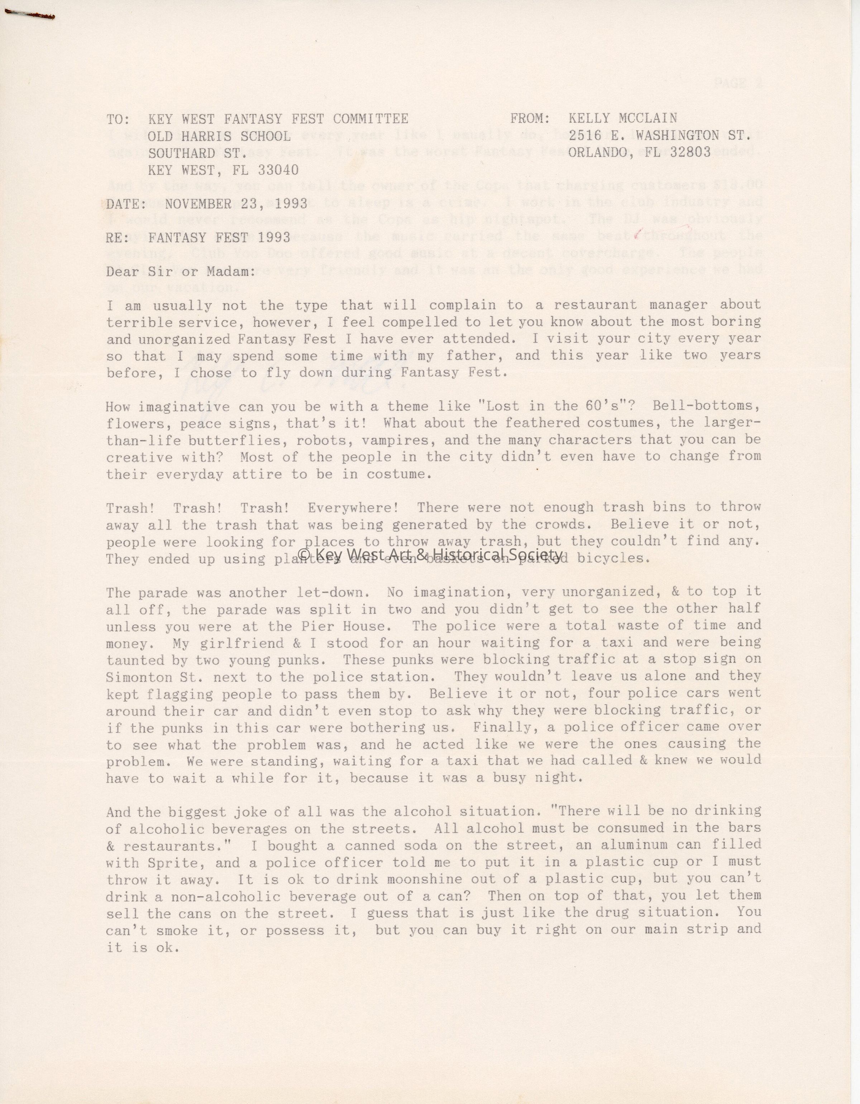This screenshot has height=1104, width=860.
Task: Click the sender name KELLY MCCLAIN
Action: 622,119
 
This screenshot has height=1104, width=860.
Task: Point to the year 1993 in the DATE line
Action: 290,204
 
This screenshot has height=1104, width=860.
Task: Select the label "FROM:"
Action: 530,119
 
